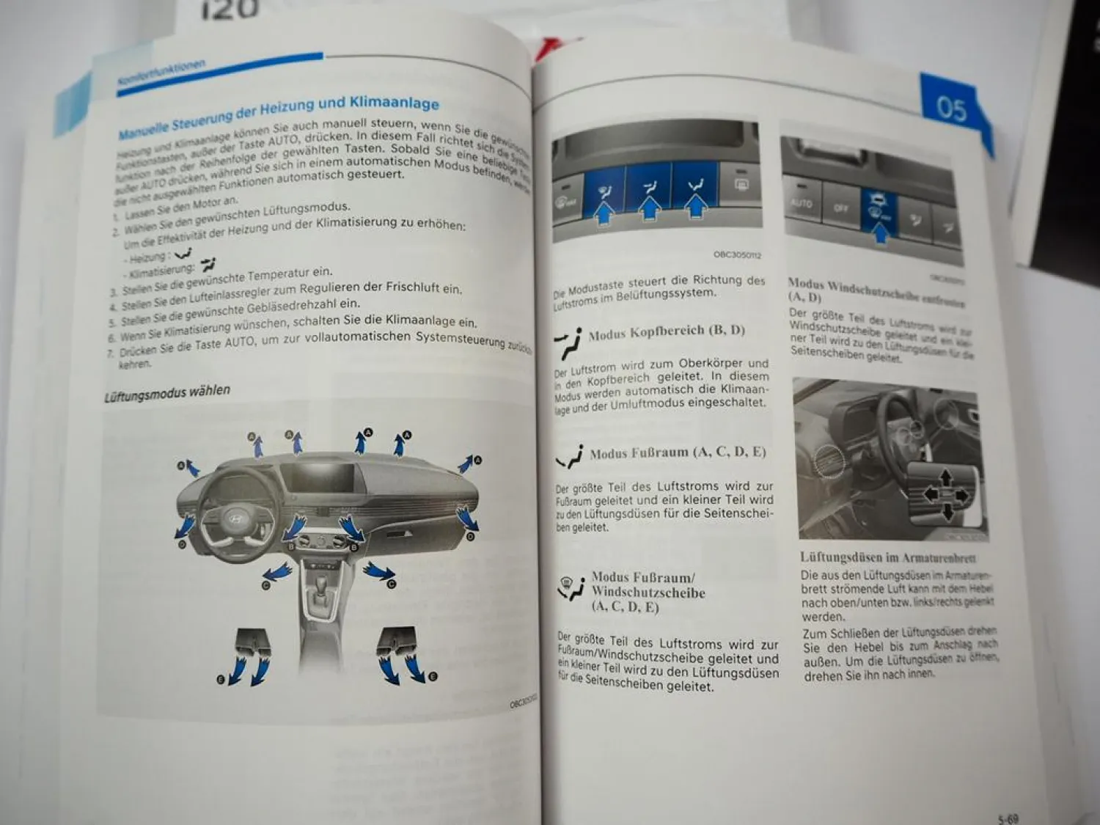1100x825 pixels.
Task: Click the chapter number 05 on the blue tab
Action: click(x=951, y=109)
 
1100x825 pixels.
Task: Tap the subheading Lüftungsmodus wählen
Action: click(x=167, y=393)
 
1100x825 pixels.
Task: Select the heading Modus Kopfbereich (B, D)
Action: click(x=666, y=331)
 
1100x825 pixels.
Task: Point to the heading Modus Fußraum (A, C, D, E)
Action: click(x=677, y=452)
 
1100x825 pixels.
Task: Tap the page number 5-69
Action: click(x=1008, y=818)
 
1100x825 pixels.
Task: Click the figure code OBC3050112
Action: click(x=737, y=254)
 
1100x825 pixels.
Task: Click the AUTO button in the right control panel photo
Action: click(x=801, y=203)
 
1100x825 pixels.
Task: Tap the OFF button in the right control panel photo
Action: click(x=840, y=208)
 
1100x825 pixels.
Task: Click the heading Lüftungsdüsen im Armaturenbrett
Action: click(x=887, y=557)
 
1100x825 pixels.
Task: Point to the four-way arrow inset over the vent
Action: click(x=945, y=495)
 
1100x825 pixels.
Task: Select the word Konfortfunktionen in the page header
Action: click(x=161, y=76)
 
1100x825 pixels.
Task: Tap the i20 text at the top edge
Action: click(x=230, y=9)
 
